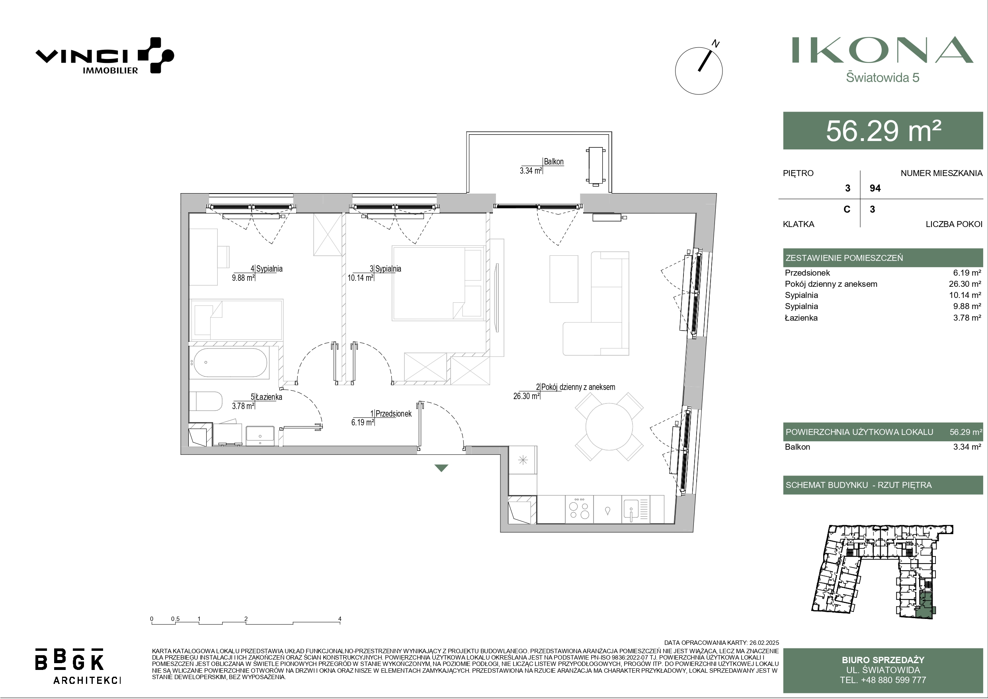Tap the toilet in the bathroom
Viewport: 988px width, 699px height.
click(x=205, y=401)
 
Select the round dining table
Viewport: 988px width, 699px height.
click(x=609, y=427)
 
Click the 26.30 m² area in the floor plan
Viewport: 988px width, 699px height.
click(x=526, y=396)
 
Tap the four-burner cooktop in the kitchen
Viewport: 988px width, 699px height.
click(x=579, y=509)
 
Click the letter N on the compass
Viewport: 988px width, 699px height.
click(x=716, y=43)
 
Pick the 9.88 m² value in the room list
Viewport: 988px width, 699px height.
click(x=967, y=306)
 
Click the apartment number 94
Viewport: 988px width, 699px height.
click(x=875, y=188)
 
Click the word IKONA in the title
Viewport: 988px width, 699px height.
click(x=883, y=50)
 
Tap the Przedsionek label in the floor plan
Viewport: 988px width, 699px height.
click(x=393, y=413)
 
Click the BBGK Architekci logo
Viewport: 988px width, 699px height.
click(x=78, y=666)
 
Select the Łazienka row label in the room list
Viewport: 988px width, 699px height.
click(x=801, y=317)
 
